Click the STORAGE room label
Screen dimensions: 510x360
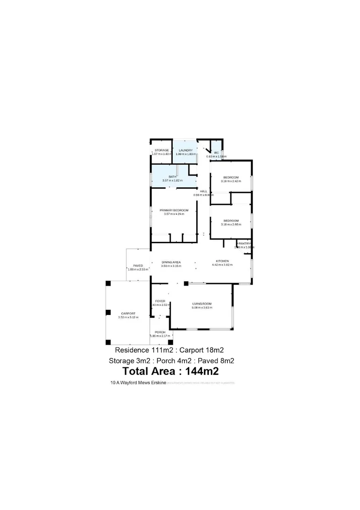click(159, 150)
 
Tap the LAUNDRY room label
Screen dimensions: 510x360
click(185, 150)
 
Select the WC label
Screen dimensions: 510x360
click(216, 153)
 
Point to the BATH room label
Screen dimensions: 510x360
click(173, 177)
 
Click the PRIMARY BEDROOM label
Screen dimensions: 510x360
click(174, 210)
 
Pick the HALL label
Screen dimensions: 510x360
click(203, 191)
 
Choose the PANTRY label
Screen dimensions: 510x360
click(244, 243)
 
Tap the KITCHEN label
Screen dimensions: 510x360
click(222, 261)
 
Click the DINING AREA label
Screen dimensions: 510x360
click(171, 262)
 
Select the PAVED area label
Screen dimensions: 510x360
click(138, 266)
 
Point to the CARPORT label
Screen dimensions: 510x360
click(128, 314)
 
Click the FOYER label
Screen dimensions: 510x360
click(159, 301)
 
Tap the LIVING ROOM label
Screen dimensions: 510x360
click(202, 304)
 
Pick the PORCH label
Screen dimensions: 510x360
click(160, 332)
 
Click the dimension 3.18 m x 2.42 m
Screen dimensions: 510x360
click(231, 181)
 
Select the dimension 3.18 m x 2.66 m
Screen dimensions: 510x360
click(231, 224)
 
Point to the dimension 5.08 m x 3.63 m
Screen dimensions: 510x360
click(202, 307)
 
